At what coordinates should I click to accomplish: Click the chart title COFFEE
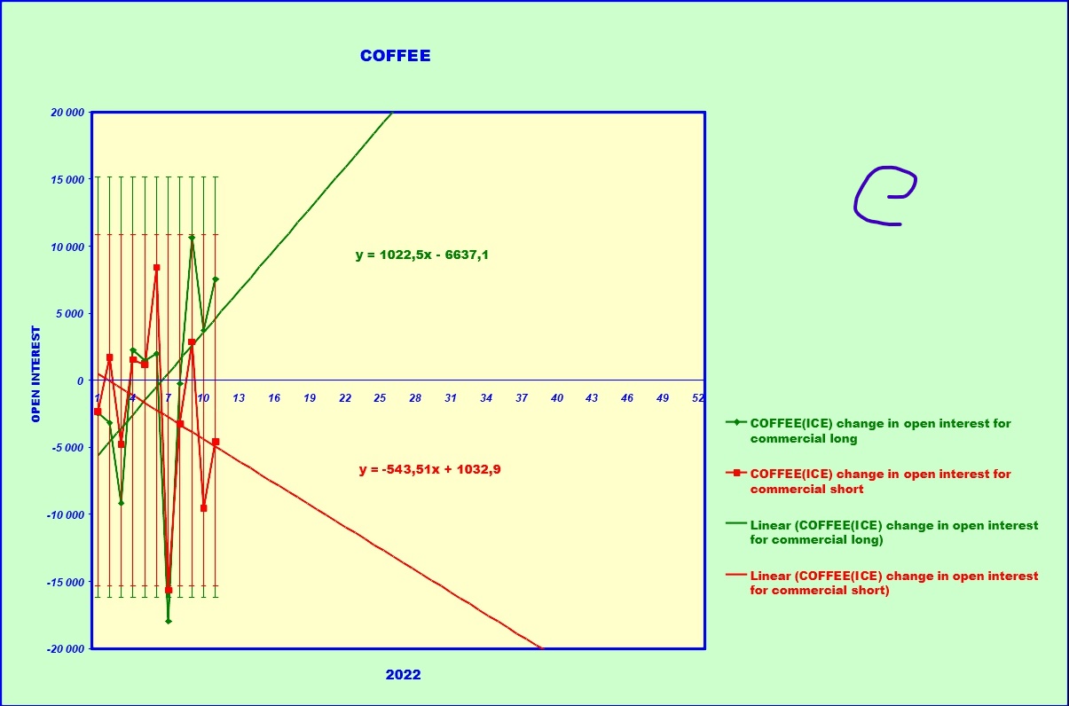point(395,56)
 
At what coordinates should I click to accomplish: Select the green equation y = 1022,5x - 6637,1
point(422,255)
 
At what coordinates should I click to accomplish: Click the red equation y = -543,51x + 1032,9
point(429,469)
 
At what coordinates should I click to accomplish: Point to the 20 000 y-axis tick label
point(67,113)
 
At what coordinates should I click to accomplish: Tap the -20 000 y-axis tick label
point(66,648)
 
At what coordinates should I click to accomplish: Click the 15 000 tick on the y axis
point(67,179)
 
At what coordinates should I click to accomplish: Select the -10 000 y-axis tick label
point(66,514)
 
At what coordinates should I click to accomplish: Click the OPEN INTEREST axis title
point(36,373)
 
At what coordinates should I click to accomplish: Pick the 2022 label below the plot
point(403,675)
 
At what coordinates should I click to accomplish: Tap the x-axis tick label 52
point(698,398)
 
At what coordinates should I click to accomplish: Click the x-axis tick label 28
point(415,398)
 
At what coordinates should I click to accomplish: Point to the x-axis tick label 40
point(557,398)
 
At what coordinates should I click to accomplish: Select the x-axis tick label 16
point(274,398)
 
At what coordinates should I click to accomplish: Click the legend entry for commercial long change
point(879,431)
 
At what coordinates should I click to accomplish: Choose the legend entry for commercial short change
point(879,482)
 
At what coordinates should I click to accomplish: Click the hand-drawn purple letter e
point(884,196)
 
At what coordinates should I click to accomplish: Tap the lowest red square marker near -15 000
point(169,590)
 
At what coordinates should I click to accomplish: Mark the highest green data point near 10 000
point(192,238)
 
